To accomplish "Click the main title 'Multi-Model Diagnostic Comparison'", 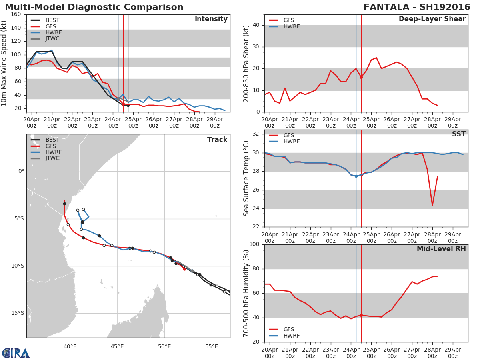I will (x=94, y=7).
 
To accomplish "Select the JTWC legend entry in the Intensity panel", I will (x=52, y=39).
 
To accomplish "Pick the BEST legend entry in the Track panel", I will (x=52, y=140).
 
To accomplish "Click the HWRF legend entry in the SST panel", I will (x=291, y=142).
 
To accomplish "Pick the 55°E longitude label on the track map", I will (x=212, y=346).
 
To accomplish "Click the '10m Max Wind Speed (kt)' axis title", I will (x=4, y=63).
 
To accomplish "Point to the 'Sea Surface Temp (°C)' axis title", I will (x=247, y=178).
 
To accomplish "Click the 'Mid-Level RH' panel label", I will (x=441, y=249).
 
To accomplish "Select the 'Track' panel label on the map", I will (x=217, y=140).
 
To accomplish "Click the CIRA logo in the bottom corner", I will (x=16, y=353).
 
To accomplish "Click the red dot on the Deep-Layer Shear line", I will (x=361, y=77).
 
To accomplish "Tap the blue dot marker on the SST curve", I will (x=356, y=176).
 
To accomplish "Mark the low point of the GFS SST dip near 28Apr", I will (x=432, y=206).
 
